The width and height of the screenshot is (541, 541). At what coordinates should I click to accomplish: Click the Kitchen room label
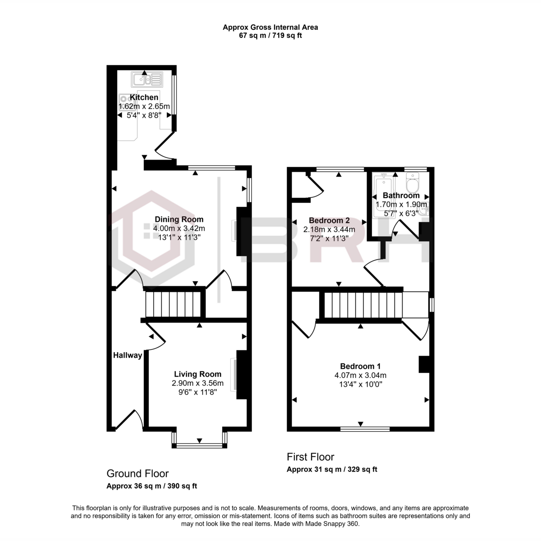(x=144, y=97)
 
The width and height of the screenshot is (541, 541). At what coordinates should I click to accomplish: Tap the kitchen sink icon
(x=146, y=80)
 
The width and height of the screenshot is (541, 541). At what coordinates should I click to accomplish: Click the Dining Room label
(x=179, y=220)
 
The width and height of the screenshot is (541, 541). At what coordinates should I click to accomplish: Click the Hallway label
(x=128, y=355)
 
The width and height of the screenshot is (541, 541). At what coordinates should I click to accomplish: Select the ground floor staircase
(x=173, y=305)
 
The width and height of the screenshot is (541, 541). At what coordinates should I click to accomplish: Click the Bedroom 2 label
(x=329, y=220)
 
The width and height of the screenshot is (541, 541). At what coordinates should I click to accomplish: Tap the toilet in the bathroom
(x=413, y=184)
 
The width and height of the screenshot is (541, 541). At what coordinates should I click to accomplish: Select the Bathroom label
(x=401, y=196)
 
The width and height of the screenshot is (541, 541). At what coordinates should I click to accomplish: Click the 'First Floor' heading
(x=311, y=457)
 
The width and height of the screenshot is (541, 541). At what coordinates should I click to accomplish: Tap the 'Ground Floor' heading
(x=138, y=473)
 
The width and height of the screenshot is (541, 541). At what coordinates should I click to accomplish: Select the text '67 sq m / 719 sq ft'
(x=270, y=36)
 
